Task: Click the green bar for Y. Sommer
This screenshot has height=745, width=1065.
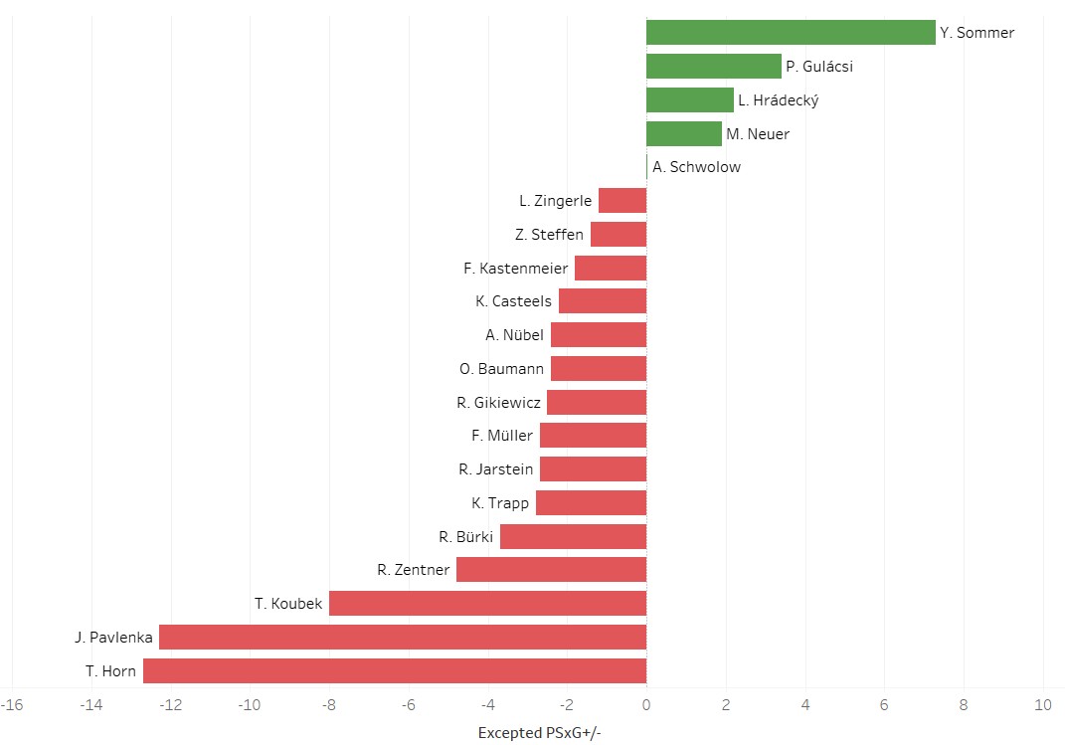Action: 791,33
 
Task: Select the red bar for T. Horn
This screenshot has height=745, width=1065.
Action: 395,671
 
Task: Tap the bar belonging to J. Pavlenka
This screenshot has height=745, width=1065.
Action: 403,638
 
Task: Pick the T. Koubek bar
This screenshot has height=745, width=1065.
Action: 487,604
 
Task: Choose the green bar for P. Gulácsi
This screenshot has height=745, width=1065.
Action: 713,67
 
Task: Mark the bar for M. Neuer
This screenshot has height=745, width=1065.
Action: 683,133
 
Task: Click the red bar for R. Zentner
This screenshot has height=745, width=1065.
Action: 551,570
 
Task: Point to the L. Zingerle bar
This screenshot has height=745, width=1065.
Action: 622,201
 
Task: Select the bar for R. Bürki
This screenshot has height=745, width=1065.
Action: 573,537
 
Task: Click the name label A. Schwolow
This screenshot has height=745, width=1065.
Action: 697,167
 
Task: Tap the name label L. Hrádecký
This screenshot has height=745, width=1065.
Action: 778,100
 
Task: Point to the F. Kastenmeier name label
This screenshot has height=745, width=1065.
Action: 515,269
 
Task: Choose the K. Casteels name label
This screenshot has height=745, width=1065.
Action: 513,301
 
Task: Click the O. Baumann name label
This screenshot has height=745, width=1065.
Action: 501,369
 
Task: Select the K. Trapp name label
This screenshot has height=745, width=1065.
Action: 500,503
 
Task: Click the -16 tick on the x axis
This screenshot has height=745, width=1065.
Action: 12,705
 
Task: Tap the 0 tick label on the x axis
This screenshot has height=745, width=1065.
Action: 646,705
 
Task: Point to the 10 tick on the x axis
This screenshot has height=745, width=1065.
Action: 1042,705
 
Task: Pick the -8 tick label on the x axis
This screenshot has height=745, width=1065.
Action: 328,705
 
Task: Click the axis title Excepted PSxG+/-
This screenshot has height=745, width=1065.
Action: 540,733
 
